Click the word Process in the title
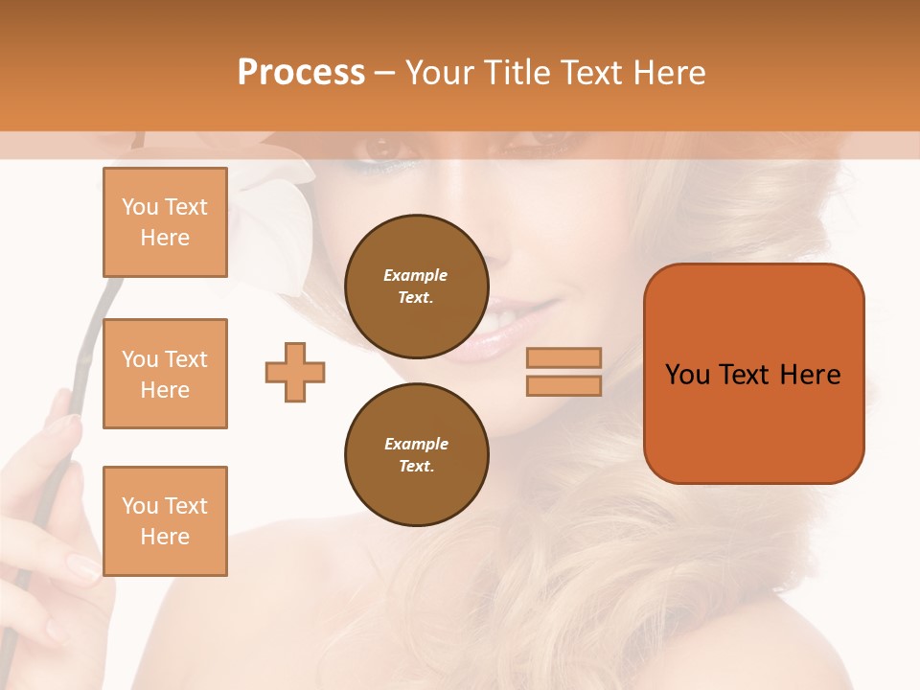pyautogui.click(x=301, y=73)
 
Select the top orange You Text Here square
pyautogui.click(x=165, y=222)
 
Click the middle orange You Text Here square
pyautogui.click(x=165, y=374)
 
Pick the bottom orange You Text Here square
pyautogui.click(x=165, y=521)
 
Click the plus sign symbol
pyautogui.click(x=295, y=371)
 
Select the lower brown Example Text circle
pyautogui.click(x=416, y=455)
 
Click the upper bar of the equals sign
pyautogui.click(x=563, y=357)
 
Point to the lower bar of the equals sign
pyautogui.click(x=563, y=386)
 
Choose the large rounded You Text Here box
pyautogui.click(x=753, y=373)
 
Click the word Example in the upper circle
pyautogui.click(x=416, y=275)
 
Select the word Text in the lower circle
pyautogui.click(x=416, y=467)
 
